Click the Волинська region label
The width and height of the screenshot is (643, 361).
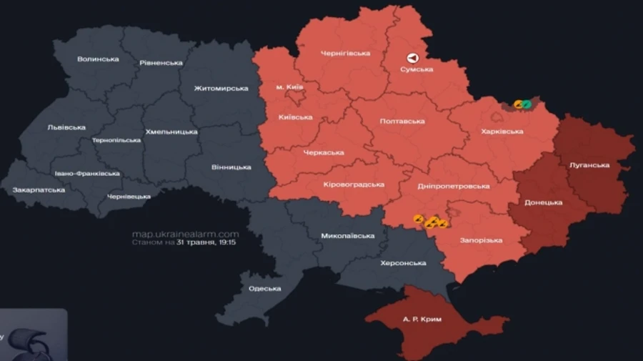point(98,59)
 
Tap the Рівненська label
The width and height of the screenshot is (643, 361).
point(161,63)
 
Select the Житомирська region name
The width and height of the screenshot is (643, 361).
point(221,89)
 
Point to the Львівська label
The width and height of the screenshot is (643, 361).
point(66,127)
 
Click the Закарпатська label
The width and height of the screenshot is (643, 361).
point(39,189)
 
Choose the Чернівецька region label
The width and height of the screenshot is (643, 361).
point(129,196)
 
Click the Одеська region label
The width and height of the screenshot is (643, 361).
point(264,289)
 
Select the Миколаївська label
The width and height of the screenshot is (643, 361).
point(348,236)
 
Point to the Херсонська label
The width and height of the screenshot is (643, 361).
point(403,263)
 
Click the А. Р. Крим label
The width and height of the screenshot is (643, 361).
point(422,319)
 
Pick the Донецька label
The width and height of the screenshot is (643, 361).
point(544,202)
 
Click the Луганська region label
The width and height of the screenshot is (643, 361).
point(589,164)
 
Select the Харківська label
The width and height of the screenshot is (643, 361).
point(502,132)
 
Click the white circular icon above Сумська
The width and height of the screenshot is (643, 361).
point(412,58)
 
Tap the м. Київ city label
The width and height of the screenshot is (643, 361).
point(289,87)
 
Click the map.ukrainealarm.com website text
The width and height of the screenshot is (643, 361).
point(185,234)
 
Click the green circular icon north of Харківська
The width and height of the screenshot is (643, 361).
point(527,104)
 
